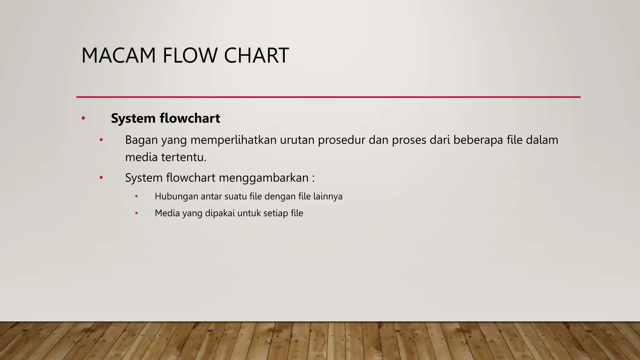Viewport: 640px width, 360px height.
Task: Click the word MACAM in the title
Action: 118,56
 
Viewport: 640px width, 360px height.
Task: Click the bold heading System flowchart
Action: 165,118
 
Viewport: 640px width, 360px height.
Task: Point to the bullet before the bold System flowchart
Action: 83,118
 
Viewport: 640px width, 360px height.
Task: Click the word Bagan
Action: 141,140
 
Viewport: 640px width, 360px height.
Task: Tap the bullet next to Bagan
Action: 101,140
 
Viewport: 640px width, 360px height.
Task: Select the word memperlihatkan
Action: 233,140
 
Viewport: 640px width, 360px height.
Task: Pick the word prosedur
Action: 342,140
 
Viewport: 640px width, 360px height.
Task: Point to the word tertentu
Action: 183,157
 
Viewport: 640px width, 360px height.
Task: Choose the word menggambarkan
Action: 264,178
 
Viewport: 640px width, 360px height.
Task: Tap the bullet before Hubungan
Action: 136,197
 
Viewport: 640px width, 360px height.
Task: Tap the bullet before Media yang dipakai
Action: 136,213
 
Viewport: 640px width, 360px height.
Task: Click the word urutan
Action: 297,140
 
